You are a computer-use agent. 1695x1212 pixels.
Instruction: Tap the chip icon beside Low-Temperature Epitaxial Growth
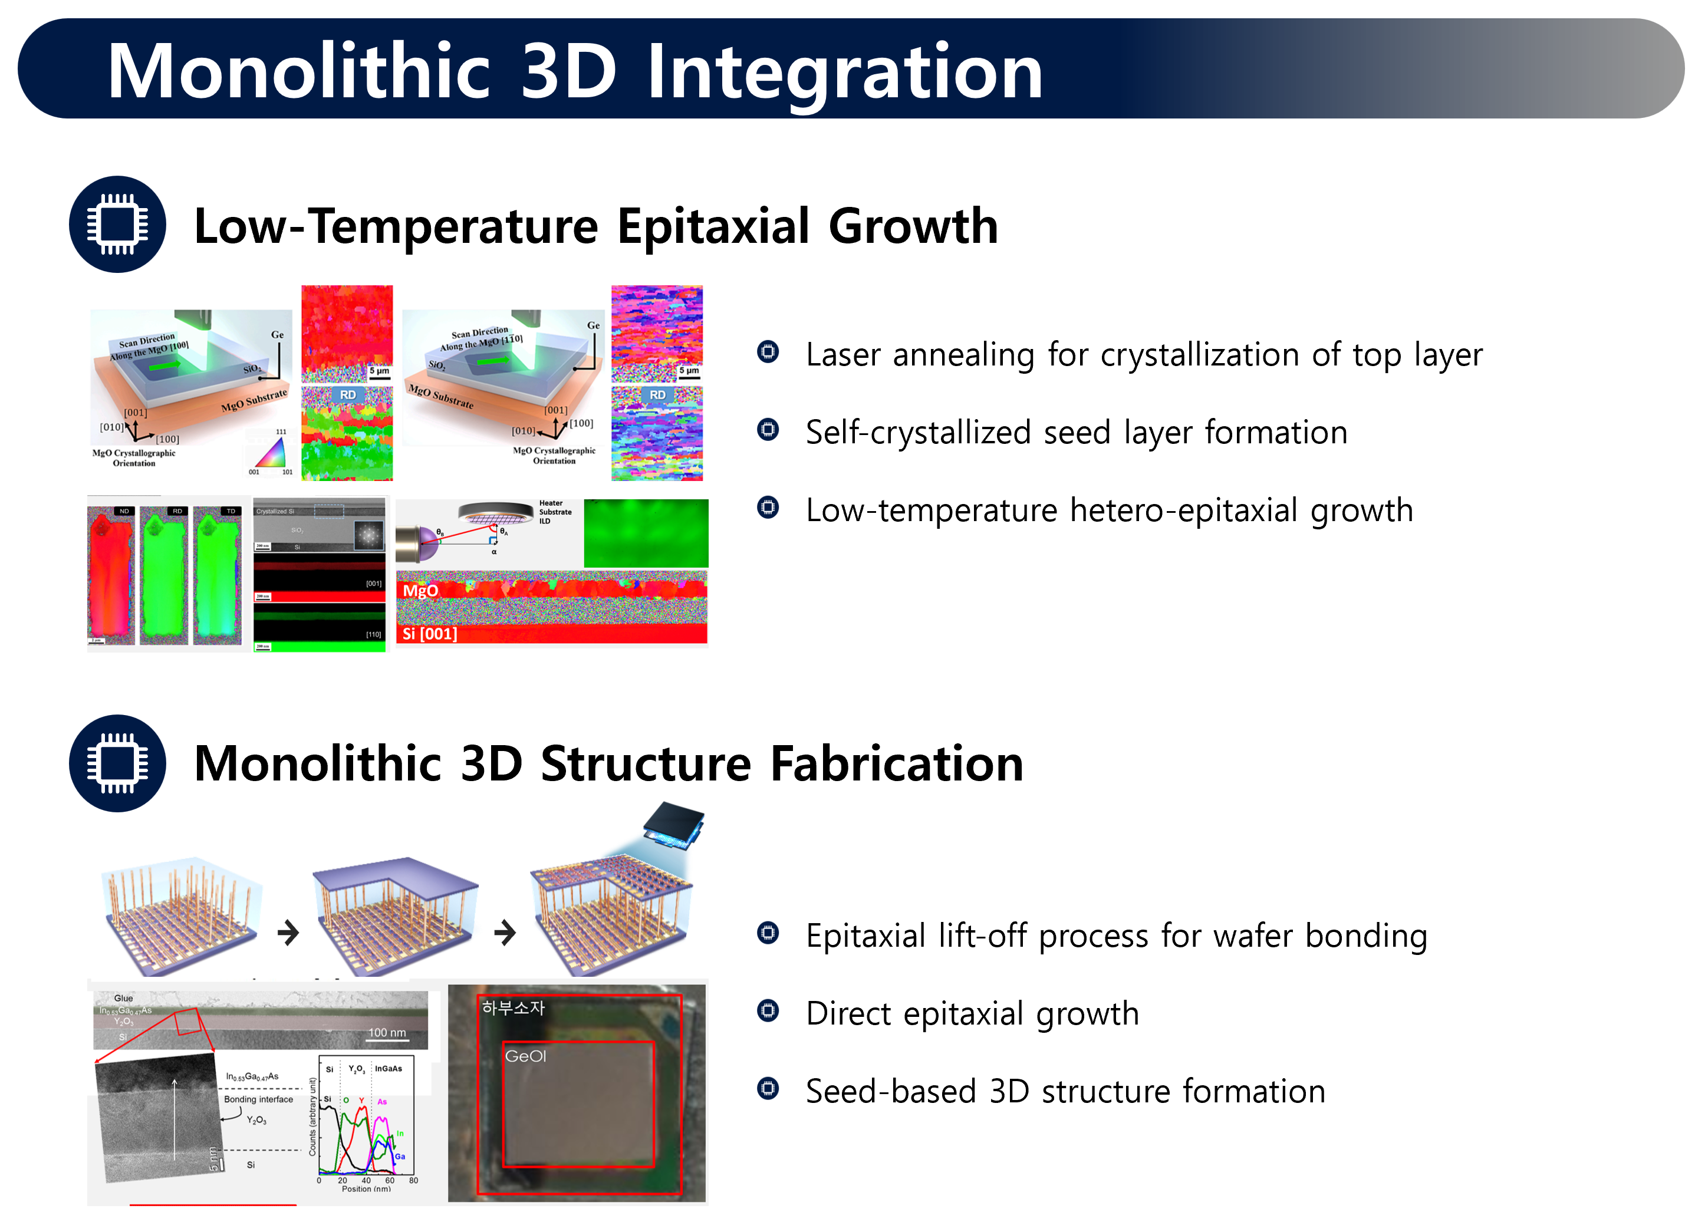point(117,224)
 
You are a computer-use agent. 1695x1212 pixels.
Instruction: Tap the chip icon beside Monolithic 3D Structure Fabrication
point(117,763)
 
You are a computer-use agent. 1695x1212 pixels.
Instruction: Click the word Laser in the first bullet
point(842,354)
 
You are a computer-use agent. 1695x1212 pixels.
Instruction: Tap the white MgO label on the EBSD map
point(420,591)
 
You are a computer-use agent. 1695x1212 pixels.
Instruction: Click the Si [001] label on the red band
point(429,634)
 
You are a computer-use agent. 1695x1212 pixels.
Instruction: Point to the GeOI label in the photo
point(525,1056)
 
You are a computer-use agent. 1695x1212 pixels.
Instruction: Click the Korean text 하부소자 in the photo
point(514,1007)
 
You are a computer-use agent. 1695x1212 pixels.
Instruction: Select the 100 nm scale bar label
point(387,1033)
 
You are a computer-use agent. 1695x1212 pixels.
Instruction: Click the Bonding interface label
point(258,1099)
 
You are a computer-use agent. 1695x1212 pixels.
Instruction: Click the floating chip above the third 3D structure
point(673,825)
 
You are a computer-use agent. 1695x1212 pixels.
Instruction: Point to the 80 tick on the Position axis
point(413,1181)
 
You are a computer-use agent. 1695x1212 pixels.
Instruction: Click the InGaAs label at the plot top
point(388,1069)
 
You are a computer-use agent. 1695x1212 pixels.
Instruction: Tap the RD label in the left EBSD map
point(348,395)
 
